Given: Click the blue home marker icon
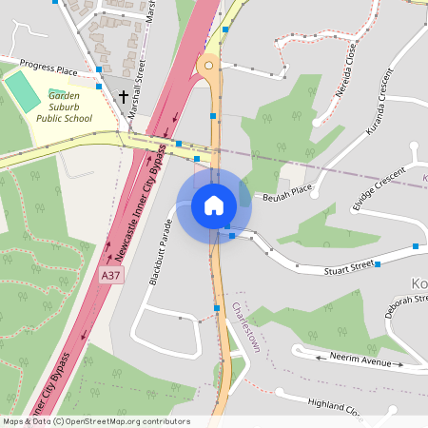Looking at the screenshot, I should click(214, 205).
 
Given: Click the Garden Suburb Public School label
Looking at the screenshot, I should click(65, 107).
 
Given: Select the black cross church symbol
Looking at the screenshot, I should click(124, 96).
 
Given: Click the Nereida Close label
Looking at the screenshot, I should click(345, 63).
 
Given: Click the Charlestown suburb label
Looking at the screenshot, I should click(245, 328).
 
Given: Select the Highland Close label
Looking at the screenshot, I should click(334, 406).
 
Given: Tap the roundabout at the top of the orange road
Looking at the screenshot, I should click(206, 66).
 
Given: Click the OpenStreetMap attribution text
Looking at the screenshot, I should click(96, 421).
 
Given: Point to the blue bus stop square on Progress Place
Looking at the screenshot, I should click(100, 68).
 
